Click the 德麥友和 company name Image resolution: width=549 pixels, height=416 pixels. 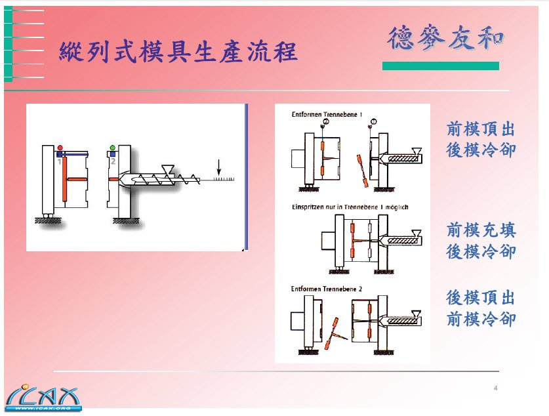tap(445, 38)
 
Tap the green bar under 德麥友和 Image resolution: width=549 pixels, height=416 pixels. tap(440, 66)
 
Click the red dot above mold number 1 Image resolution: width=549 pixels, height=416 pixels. tap(60, 148)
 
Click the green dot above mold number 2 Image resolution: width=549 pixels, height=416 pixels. tap(112, 148)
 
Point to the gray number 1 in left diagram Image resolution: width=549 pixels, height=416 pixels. tap(59, 161)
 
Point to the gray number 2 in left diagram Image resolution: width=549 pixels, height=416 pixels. tap(112, 161)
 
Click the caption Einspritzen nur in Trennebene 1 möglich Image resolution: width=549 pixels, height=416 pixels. tap(350, 207)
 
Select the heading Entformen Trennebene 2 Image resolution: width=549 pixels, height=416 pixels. tap(326, 288)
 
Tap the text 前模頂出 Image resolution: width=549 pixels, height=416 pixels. tap(481, 129)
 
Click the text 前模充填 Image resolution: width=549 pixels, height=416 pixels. tap(481, 230)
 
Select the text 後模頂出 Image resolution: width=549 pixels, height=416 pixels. tap(481, 298)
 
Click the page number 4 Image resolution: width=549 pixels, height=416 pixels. tap(496, 389)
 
